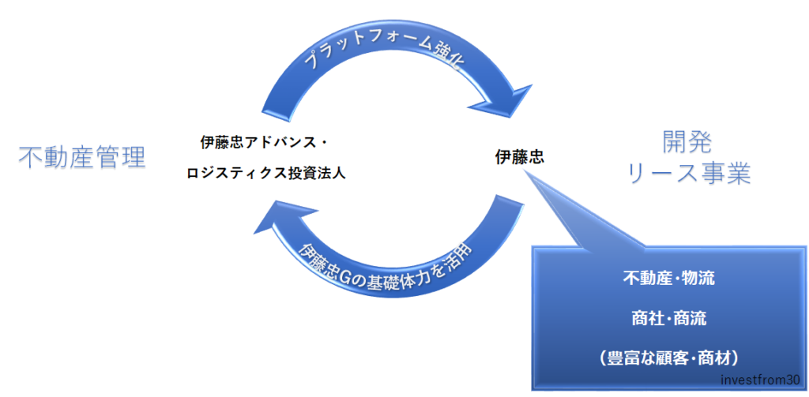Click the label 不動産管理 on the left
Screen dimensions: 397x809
[82, 157]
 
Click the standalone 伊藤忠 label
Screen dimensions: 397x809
[519, 157]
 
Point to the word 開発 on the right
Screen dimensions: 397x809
[687, 142]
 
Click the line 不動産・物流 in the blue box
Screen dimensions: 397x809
[669, 279]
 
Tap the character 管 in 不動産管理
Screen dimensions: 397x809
[107, 157]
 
